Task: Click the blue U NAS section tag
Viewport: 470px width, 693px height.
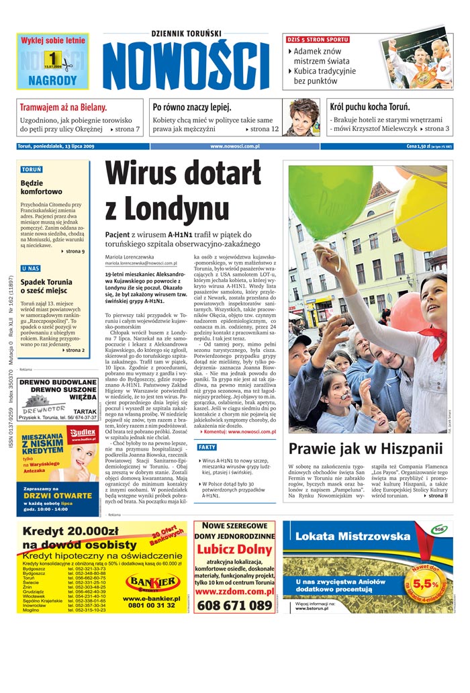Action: pos(30,269)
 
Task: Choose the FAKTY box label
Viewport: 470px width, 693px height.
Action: pos(207,447)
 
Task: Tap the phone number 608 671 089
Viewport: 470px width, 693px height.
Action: pos(234,605)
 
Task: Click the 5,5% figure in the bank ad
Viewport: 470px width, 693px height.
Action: pos(426,584)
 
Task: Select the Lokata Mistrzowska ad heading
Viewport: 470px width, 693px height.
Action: pos(342,537)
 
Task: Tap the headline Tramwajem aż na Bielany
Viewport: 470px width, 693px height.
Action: pos(63,107)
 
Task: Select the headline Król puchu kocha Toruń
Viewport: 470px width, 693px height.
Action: pos(370,107)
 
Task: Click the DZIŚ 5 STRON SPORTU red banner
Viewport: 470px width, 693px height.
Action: pos(318,40)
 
